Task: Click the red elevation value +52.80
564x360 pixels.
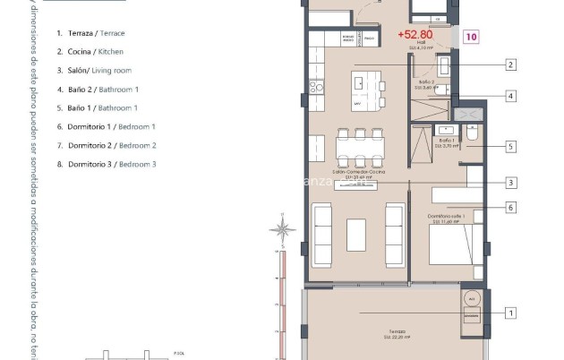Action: coord(414,35)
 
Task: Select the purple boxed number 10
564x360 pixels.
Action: coord(471,37)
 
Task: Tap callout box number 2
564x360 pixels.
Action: coord(510,64)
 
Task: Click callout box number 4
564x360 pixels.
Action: coord(510,96)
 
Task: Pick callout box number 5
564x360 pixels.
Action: coord(510,146)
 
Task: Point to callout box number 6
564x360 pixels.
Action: coord(510,208)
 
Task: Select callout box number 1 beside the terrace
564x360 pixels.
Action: coord(510,313)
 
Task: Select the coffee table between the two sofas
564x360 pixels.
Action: coord(356,235)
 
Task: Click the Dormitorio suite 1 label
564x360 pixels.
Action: coord(447,218)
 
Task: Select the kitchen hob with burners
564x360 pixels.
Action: coord(316,87)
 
